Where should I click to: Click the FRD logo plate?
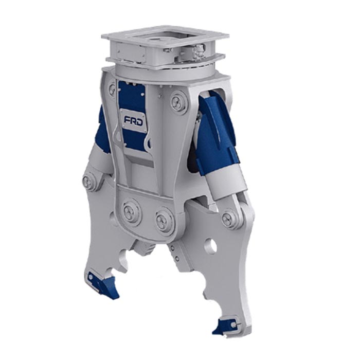pos(133,121)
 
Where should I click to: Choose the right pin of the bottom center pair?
pos(163,218)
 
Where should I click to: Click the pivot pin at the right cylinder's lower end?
pos(230,217)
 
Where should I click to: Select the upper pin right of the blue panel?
pos(178,100)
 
